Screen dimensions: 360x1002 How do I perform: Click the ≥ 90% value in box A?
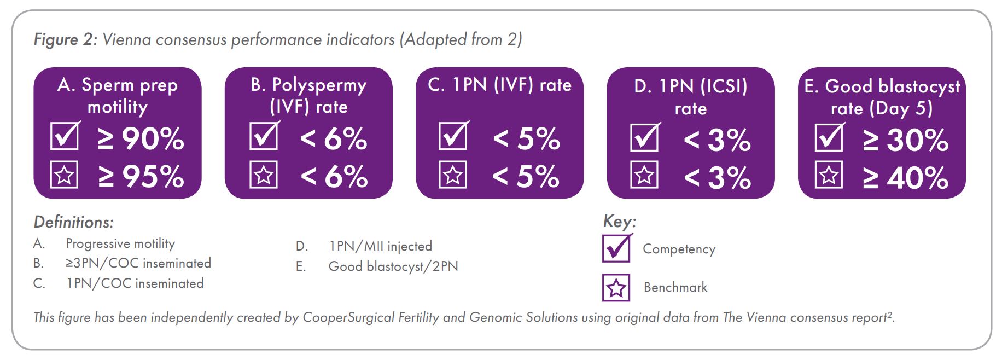pyautogui.click(x=141, y=138)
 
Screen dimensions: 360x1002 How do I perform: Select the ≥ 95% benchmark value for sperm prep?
pyautogui.click(x=141, y=177)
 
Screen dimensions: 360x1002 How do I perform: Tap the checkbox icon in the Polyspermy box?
pyautogui.click(x=264, y=136)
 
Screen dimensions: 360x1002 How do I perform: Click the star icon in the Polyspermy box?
pyautogui.click(x=264, y=175)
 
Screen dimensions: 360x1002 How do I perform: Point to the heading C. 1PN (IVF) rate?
pyautogui.click(x=499, y=85)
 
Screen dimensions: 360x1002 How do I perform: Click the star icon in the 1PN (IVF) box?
pyautogui.click(x=453, y=175)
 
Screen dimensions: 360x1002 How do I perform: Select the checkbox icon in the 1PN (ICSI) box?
pyautogui.click(x=645, y=137)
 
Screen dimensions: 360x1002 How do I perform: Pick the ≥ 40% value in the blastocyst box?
pyautogui.click(x=905, y=178)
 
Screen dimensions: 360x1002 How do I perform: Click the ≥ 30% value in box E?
pyautogui.click(x=905, y=140)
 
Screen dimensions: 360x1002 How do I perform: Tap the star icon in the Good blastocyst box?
pyautogui.click(x=829, y=175)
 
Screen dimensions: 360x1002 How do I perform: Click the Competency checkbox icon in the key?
pyautogui.click(x=617, y=248)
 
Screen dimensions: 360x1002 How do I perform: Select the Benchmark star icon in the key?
pyautogui.click(x=616, y=288)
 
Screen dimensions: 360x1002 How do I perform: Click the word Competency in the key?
pyautogui.click(x=679, y=249)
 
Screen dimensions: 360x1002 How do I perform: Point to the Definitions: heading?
pyautogui.click(x=74, y=222)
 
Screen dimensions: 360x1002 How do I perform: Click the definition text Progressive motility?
pyautogui.click(x=120, y=243)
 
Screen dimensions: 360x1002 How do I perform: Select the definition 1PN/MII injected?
pyautogui.click(x=380, y=246)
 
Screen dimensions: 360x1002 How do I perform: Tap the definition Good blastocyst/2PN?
pyautogui.click(x=393, y=266)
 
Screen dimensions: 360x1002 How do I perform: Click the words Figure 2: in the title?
pyautogui.click(x=65, y=40)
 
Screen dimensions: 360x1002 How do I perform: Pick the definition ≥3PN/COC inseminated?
pyautogui.click(x=138, y=263)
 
